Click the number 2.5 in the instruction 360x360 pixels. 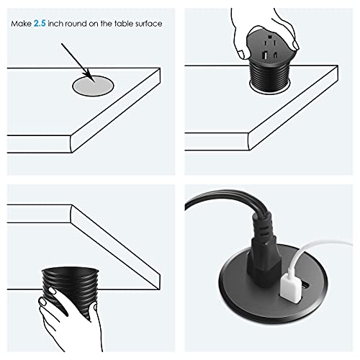click(41, 24)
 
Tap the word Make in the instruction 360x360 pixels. click(22, 24)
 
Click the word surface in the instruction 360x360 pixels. click(147, 24)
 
